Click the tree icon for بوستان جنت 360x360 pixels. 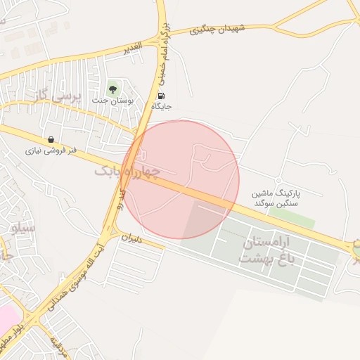[112, 89]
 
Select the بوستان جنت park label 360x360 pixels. [112, 101]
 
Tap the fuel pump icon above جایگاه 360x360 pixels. [162, 96]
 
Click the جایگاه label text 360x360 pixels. [161, 107]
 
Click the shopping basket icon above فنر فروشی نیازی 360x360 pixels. [51, 139]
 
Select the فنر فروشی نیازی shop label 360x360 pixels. [51, 150]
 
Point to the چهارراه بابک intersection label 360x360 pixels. [127, 171]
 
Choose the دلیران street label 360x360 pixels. [131, 238]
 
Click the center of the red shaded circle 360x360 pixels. [180, 179]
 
